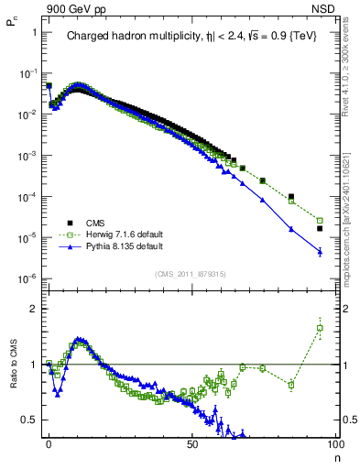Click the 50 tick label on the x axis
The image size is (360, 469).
click(x=191, y=443)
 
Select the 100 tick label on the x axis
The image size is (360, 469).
click(x=334, y=443)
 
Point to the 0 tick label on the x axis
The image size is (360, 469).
click(x=49, y=443)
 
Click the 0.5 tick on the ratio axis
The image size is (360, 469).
click(x=28, y=420)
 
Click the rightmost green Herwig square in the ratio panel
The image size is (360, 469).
click(x=320, y=328)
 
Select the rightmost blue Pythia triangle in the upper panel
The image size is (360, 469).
click(x=320, y=251)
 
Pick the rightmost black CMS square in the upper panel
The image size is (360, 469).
click(x=320, y=228)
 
